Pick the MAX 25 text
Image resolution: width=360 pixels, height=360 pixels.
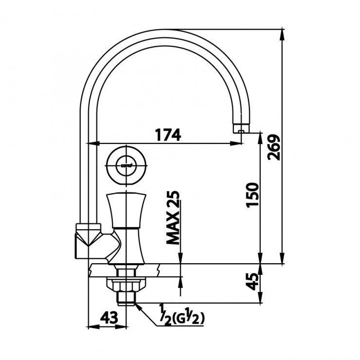point(173,216)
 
